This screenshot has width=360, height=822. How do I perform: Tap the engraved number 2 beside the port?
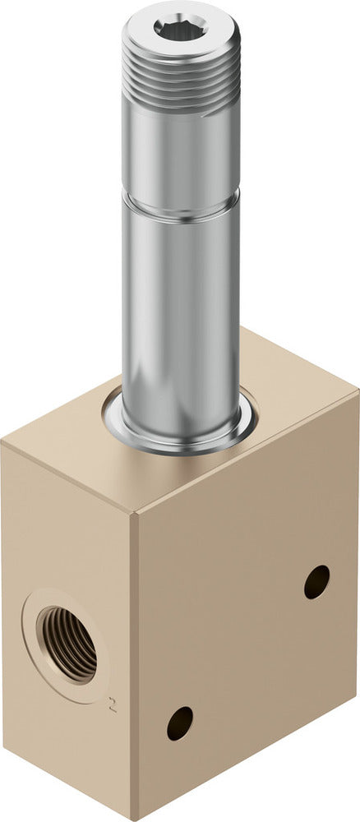point(112,704)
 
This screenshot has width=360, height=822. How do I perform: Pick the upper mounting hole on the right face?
point(316,582)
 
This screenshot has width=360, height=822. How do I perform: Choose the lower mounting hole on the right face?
point(179,723)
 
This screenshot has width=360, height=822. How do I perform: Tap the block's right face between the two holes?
point(247,649)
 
